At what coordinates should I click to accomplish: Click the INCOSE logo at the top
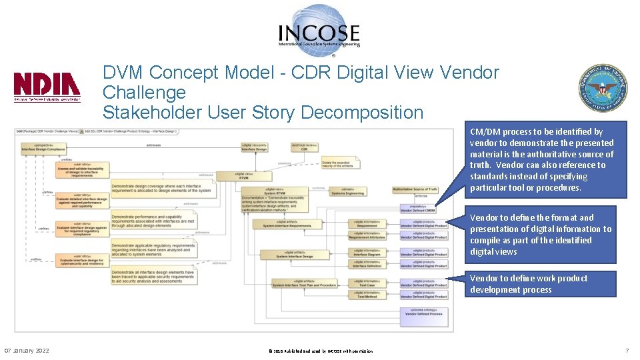coord(319,27)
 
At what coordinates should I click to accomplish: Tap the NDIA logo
coord(47,86)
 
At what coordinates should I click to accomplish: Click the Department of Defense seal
coord(603,88)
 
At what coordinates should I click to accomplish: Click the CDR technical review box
coord(304,147)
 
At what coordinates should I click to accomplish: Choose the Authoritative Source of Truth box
coord(415,189)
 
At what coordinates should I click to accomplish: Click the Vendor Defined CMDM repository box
coord(419,209)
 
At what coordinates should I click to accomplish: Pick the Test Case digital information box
coord(367,283)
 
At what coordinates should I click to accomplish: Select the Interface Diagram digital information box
coord(367,253)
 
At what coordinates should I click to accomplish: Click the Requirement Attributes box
coord(367,235)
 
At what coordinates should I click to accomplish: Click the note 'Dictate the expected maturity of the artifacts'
coord(340,162)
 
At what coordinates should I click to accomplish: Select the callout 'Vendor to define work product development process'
coord(541,284)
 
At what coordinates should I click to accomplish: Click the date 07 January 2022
coord(27,351)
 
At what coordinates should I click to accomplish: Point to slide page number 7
coord(627,351)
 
